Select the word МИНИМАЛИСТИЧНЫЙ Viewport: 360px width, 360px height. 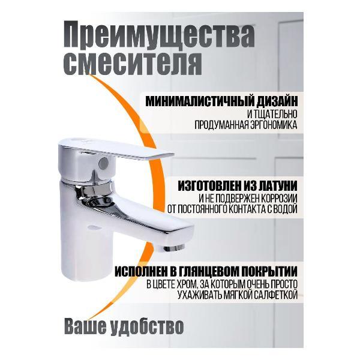(x=197, y=101)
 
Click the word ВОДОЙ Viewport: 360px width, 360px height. (x=284, y=210)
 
